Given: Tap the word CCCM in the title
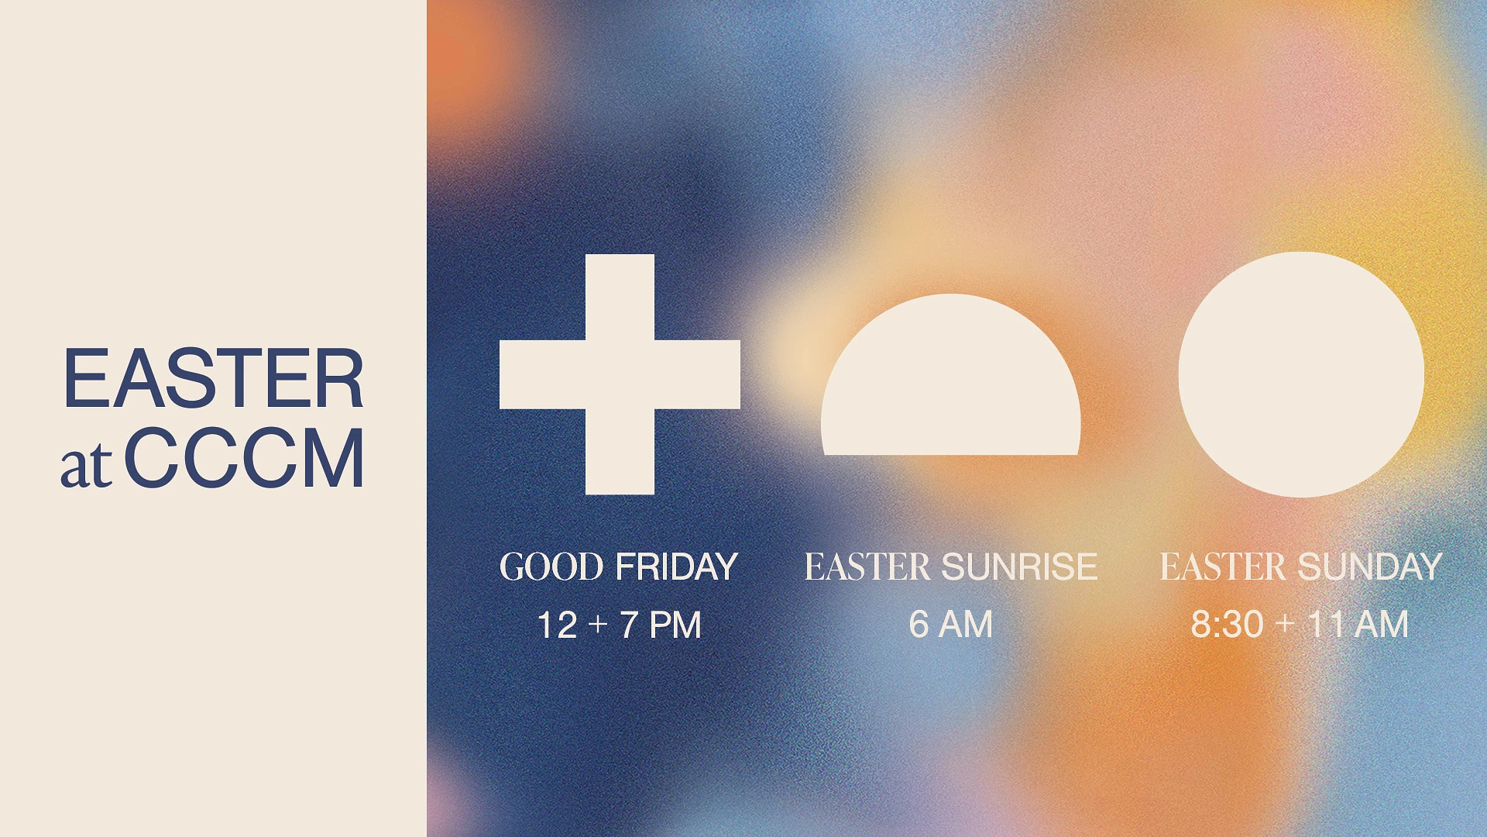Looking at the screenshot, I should pos(244,458).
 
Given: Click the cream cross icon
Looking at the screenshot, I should pos(620,374).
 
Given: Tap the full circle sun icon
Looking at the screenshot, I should pos(1301,374).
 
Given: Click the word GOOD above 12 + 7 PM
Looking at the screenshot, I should pos(551,567).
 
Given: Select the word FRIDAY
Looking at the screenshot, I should pos(676,567).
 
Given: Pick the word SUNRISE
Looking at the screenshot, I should pos(1019,567).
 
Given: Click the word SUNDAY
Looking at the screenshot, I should pos(1369,567).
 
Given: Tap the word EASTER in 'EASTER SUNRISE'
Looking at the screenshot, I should pos(867,567).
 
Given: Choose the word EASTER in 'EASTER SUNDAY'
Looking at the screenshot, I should pos(1222,567).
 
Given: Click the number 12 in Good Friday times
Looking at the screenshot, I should pos(557,625).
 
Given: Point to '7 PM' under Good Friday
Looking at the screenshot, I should pos(661,625).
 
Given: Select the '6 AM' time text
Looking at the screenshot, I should pos(950,625).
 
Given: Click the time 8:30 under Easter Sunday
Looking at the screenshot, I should pos(1227,625).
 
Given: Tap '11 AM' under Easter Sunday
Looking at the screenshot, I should pos(1358,625).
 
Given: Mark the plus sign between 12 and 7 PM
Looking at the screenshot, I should pos(598,624).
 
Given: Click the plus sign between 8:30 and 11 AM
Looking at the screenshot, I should pos(1285,623).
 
